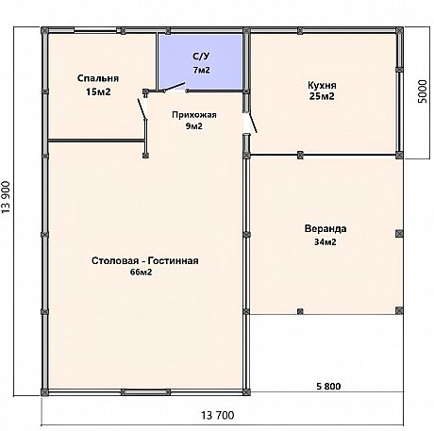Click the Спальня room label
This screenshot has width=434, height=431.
click(x=98, y=78)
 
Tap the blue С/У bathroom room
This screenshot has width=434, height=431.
click(x=200, y=62)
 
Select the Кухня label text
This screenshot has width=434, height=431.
click(x=322, y=85)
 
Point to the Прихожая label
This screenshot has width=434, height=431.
click(x=194, y=115)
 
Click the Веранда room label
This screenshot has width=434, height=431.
click(x=325, y=228)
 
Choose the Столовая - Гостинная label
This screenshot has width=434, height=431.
click(x=145, y=261)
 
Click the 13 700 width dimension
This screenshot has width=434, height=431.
click(x=218, y=415)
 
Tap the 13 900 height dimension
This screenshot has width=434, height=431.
click(x=7, y=197)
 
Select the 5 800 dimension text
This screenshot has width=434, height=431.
click(x=328, y=386)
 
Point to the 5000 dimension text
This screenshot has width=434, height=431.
click(x=423, y=91)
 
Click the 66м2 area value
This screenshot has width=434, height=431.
click(x=141, y=273)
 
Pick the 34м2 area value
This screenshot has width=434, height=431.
click(x=325, y=242)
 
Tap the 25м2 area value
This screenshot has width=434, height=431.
click(x=322, y=96)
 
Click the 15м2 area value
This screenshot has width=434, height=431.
click(x=98, y=92)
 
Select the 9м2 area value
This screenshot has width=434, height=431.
click(x=194, y=126)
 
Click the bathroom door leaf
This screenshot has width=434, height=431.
click(x=175, y=87)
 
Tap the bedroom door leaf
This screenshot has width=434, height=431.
click(x=142, y=108)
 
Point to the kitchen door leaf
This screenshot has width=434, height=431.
click(x=253, y=123)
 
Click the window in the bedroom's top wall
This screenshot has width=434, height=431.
click(x=95, y=30)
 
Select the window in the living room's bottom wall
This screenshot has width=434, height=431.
click(x=145, y=392)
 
